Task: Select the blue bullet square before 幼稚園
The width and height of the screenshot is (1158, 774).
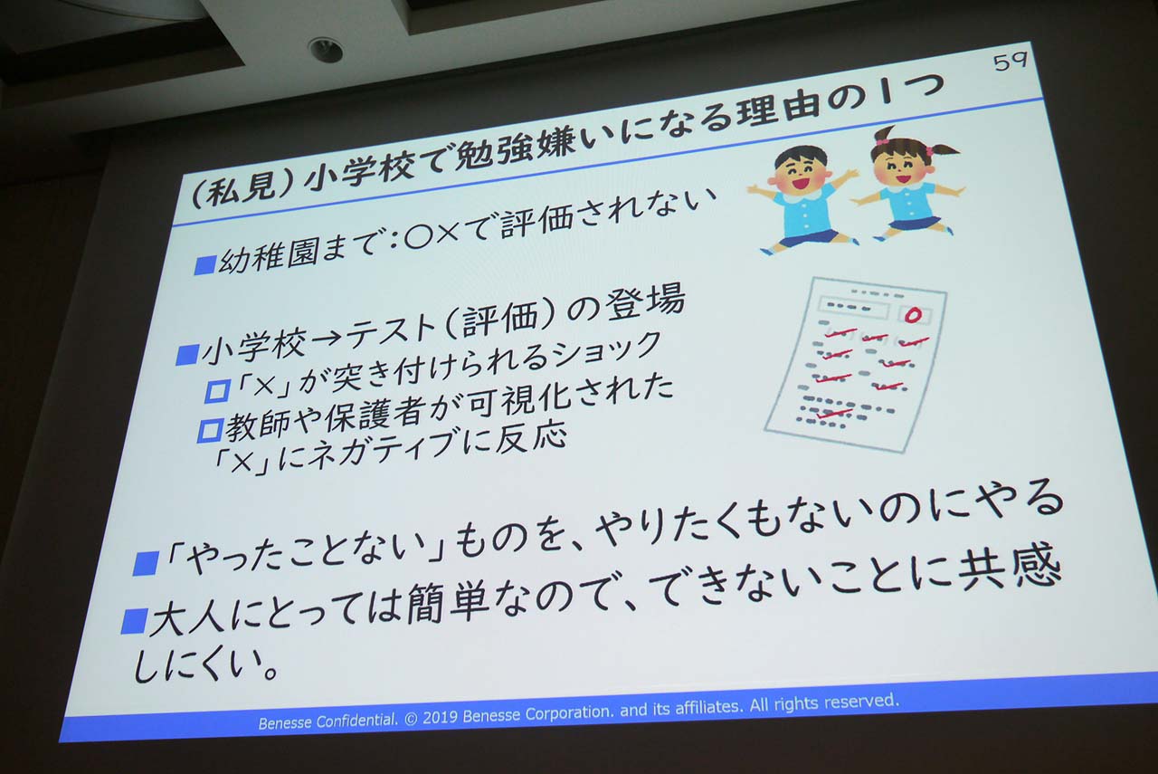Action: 204,265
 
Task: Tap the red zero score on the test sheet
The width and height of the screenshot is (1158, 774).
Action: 914,315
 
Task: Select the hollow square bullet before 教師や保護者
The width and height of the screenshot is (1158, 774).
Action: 210,431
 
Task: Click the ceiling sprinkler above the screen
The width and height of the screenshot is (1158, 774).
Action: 326,50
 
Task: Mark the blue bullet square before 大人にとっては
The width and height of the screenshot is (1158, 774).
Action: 133,621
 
